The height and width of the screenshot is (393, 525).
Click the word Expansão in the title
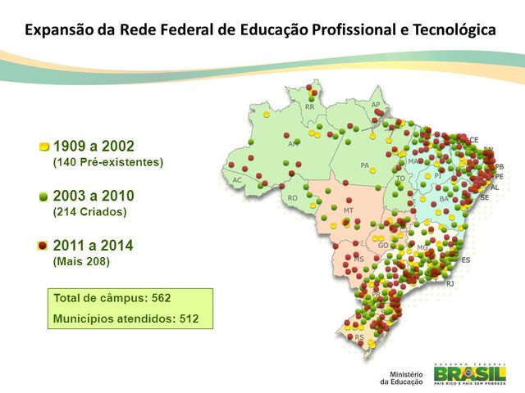(x=57, y=30)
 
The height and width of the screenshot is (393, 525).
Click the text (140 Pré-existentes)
(x=107, y=162)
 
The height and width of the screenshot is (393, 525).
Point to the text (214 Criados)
(x=89, y=212)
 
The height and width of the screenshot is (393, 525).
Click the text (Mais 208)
(x=81, y=262)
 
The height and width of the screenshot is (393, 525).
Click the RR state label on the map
(x=309, y=107)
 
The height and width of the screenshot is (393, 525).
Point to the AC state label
(x=237, y=180)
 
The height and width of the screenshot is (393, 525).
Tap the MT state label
(x=348, y=210)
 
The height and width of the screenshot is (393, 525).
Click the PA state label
(x=364, y=165)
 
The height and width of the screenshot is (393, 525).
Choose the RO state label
(x=292, y=198)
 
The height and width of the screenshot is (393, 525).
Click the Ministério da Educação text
(x=400, y=376)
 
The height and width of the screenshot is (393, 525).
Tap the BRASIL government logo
(x=469, y=373)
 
